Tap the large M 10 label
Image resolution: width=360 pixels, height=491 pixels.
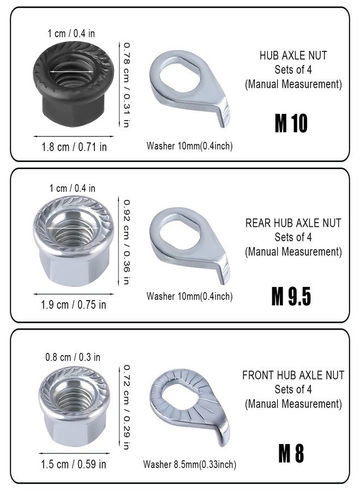(x=291, y=124)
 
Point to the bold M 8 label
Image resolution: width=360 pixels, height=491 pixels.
(x=291, y=453)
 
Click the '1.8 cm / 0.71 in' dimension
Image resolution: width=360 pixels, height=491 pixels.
(x=74, y=147)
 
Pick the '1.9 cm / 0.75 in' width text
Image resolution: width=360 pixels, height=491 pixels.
(x=74, y=304)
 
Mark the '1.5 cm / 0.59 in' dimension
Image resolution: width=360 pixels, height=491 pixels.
(x=74, y=464)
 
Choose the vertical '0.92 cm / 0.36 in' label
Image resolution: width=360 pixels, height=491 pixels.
(x=126, y=242)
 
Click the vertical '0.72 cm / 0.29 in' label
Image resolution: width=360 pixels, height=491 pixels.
(x=126, y=407)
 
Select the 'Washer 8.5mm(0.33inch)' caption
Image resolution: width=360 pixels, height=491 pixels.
(x=189, y=465)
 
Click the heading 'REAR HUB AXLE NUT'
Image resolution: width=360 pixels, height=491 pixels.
(x=293, y=223)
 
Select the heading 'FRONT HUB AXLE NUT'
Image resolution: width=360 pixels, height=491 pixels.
(x=293, y=375)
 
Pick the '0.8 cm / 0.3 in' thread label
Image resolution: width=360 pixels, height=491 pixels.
(x=73, y=357)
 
